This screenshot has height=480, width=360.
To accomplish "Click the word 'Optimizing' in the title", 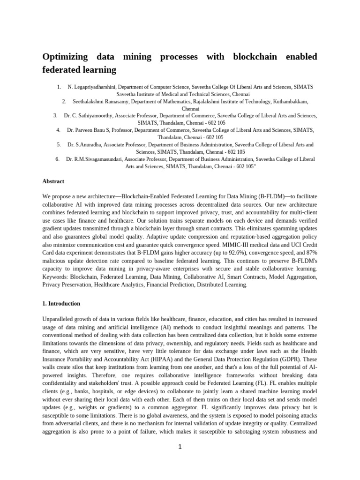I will click(x=65, y=57).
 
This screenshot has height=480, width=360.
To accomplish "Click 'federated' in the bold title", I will click(x=63, y=70).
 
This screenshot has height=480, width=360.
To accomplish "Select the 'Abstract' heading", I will click(x=53, y=181).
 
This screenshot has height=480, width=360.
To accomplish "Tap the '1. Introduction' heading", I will click(x=61, y=303).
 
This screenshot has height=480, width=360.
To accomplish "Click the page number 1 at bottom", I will click(x=180, y=447).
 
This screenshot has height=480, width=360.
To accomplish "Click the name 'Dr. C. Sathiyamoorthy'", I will click(x=89, y=115).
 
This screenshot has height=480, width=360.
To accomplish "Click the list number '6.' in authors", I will click(x=57, y=159).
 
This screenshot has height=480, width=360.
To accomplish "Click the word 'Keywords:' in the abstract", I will click(x=54, y=277).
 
